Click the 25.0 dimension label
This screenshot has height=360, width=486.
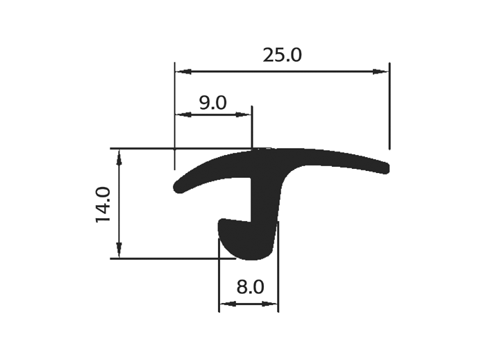click(282, 55)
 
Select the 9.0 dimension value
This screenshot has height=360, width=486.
click(212, 103)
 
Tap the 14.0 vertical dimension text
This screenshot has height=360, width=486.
click(103, 204)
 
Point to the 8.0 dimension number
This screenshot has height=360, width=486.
click(250, 287)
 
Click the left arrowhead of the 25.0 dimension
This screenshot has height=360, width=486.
click(183, 72)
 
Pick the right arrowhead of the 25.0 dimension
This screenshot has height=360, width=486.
click(380, 72)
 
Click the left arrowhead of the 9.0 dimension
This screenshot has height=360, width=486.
click(183, 115)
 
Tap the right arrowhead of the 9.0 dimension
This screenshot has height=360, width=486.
click(243, 115)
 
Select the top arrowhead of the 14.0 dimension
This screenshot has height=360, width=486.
click(119, 157)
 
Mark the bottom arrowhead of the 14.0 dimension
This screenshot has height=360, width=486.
click(119, 250)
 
